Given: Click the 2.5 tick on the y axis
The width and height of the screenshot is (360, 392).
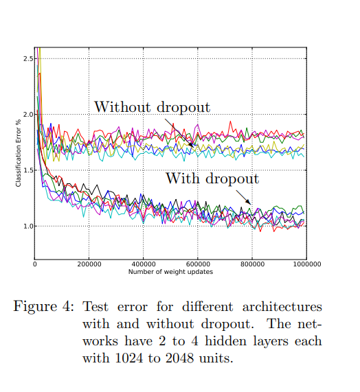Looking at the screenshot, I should (x=28, y=59).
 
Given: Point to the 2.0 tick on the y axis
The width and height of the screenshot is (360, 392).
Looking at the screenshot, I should (x=28, y=115).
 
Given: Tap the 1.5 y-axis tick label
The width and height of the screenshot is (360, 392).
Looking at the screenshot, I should (x=28, y=170).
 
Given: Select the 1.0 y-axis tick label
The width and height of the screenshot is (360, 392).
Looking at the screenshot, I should (x=28, y=226).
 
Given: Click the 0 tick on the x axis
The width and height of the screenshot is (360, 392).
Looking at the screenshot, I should (x=34, y=264).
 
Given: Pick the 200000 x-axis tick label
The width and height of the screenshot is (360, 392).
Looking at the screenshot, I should (x=89, y=264).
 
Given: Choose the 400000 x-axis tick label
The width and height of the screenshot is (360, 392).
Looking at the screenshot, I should (x=143, y=264).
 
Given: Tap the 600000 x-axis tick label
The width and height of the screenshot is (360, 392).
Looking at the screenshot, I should (x=197, y=264).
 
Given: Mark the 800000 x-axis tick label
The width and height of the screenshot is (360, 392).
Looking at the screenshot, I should (x=251, y=264).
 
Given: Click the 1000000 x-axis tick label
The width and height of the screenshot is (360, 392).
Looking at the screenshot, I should (x=304, y=264).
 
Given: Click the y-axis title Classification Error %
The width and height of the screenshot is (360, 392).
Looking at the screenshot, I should (x=19, y=152).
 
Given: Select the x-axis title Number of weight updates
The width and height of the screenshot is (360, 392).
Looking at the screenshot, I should (x=170, y=272).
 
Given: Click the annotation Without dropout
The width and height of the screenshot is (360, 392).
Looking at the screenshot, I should (x=152, y=107).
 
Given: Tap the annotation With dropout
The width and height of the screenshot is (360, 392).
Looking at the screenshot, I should (x=212, y=179).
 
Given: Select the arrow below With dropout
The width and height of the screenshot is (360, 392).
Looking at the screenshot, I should (x=243, y=198).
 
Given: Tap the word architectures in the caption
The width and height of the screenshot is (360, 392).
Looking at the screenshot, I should (x=283, y=306).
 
